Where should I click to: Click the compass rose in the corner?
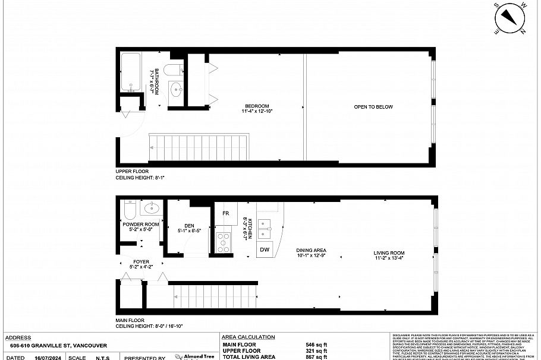(510, 18)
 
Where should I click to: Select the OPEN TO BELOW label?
(373, 107)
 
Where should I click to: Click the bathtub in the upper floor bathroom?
(131, 71)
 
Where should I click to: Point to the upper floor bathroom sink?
(177, 90)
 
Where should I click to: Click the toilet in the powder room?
(130, 210)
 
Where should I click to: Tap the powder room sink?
(152, 209)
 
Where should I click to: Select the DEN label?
(190, 226)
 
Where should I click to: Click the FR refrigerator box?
(226, 213)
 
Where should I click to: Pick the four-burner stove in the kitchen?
(222, 243)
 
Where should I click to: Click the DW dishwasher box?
(265, 250)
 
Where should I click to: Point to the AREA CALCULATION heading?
(248, 337)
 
